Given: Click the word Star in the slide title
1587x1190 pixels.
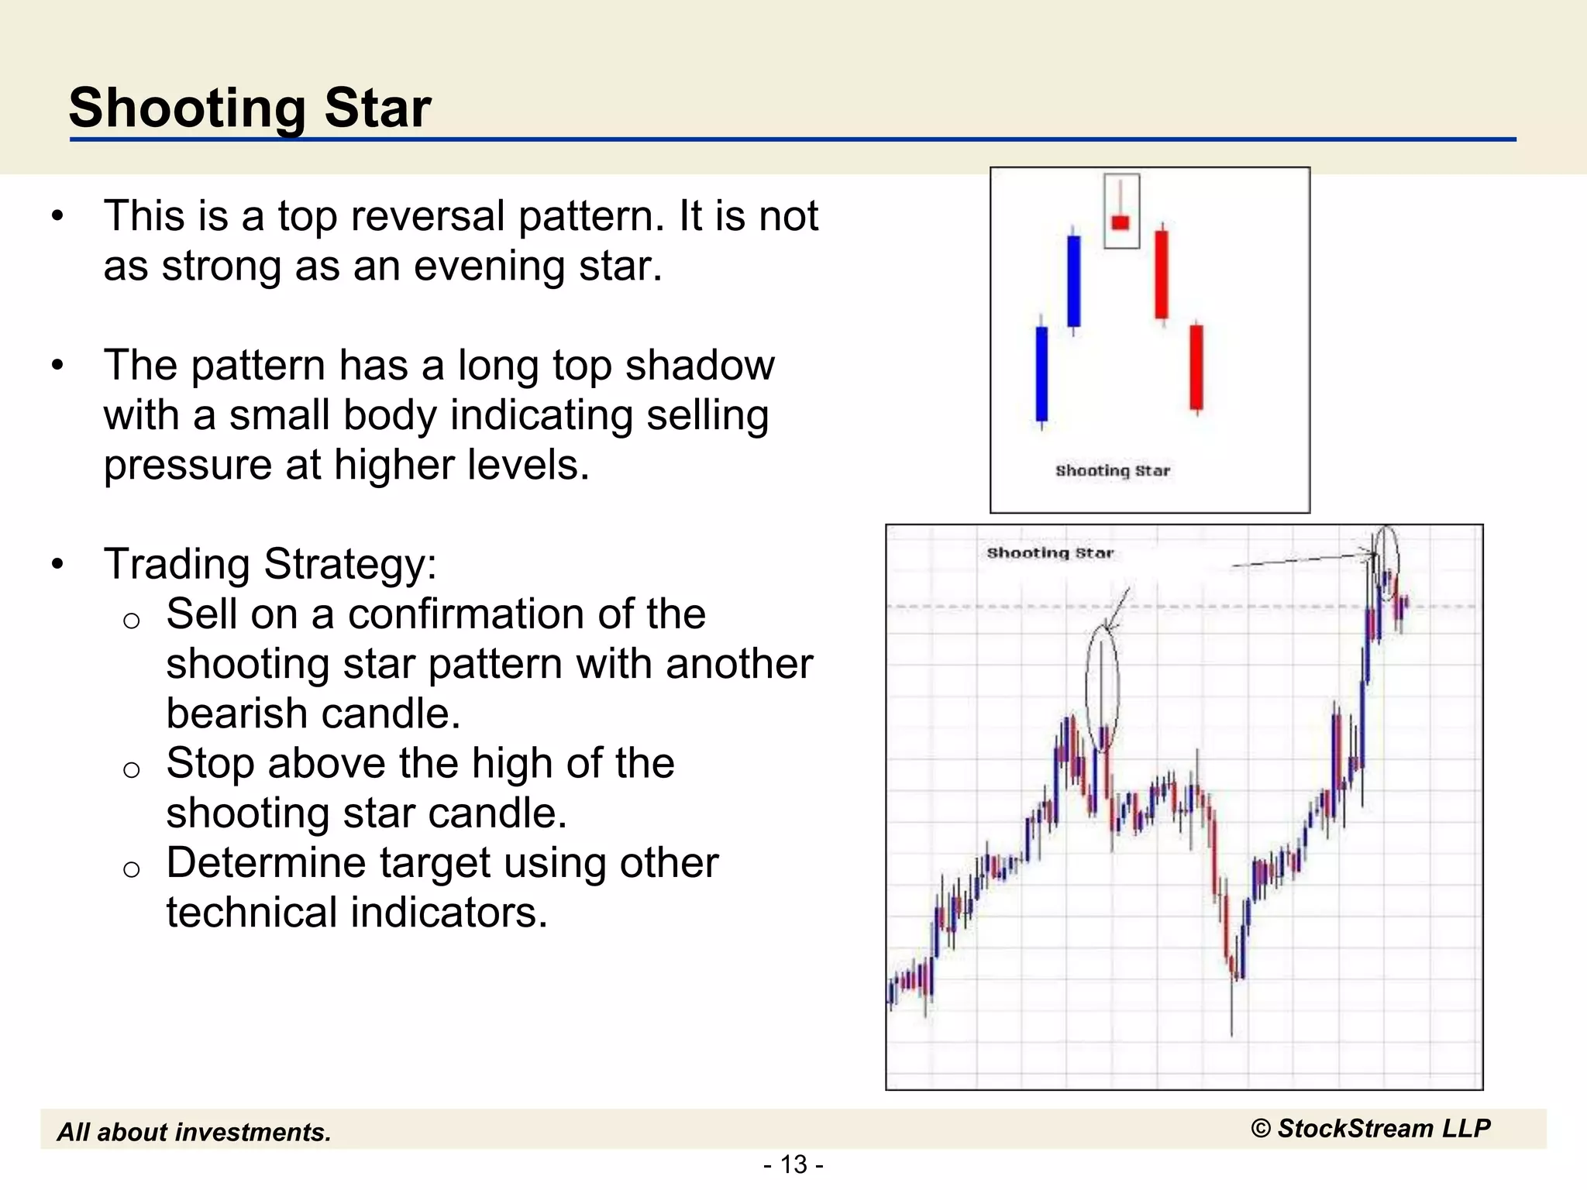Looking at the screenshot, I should point(377,108).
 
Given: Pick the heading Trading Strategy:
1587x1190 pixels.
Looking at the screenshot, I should point(270,564).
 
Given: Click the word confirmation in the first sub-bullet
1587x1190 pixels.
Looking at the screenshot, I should point(470,614).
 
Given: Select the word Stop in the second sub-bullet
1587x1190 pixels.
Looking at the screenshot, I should point(210,764).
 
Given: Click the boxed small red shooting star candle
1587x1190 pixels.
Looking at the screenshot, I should point(1121,222).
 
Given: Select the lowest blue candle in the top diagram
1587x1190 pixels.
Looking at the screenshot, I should point(1041,374).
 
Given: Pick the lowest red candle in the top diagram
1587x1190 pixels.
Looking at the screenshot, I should point(1196,366).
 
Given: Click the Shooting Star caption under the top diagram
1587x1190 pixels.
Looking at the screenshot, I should point(1113,471).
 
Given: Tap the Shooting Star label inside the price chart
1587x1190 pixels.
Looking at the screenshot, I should point(1050,553).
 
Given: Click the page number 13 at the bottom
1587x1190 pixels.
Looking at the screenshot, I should point(793,1164).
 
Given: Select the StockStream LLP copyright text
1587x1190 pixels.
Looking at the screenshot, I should point(1371,1129).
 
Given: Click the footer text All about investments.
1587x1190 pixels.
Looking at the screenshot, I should point(195,1133).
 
